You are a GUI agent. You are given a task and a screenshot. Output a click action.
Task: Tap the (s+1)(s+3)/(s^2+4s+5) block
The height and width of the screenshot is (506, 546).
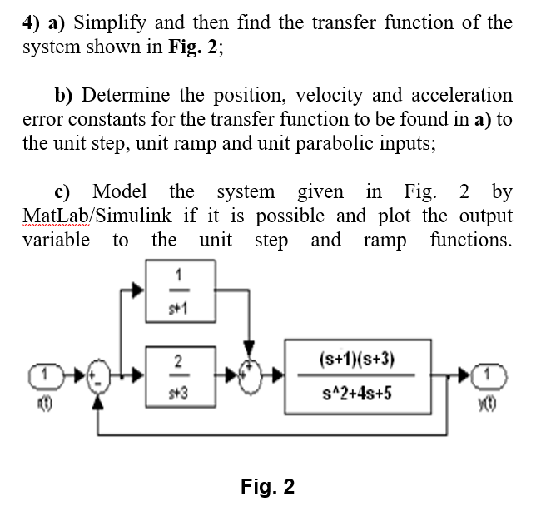coord(356,375)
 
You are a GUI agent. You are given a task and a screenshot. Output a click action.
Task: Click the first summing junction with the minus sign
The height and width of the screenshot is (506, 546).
coord(99,377)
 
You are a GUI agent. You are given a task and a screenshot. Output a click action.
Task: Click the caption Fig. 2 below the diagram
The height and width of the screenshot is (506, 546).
coord(267,486)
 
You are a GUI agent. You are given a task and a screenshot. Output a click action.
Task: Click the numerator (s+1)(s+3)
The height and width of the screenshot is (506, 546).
coord(356,360)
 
